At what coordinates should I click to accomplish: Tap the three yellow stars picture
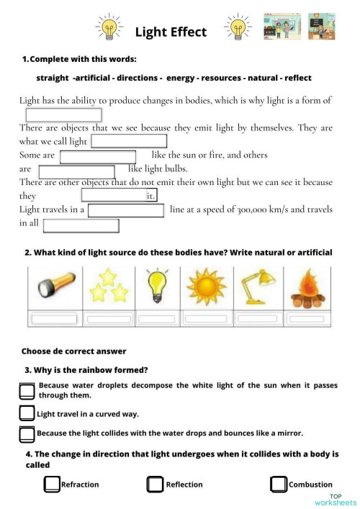108,288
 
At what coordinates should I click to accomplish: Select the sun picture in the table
206,288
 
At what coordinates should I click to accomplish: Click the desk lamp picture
256,288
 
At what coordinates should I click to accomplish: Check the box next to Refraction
52,485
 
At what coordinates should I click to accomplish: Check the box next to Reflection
156,485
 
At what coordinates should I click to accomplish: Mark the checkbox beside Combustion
279,485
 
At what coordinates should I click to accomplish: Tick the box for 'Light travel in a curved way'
27,413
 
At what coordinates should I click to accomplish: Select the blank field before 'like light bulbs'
76,171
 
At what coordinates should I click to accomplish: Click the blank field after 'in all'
81,225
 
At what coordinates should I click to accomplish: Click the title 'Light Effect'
171,32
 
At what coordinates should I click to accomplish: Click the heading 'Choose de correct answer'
73,351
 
